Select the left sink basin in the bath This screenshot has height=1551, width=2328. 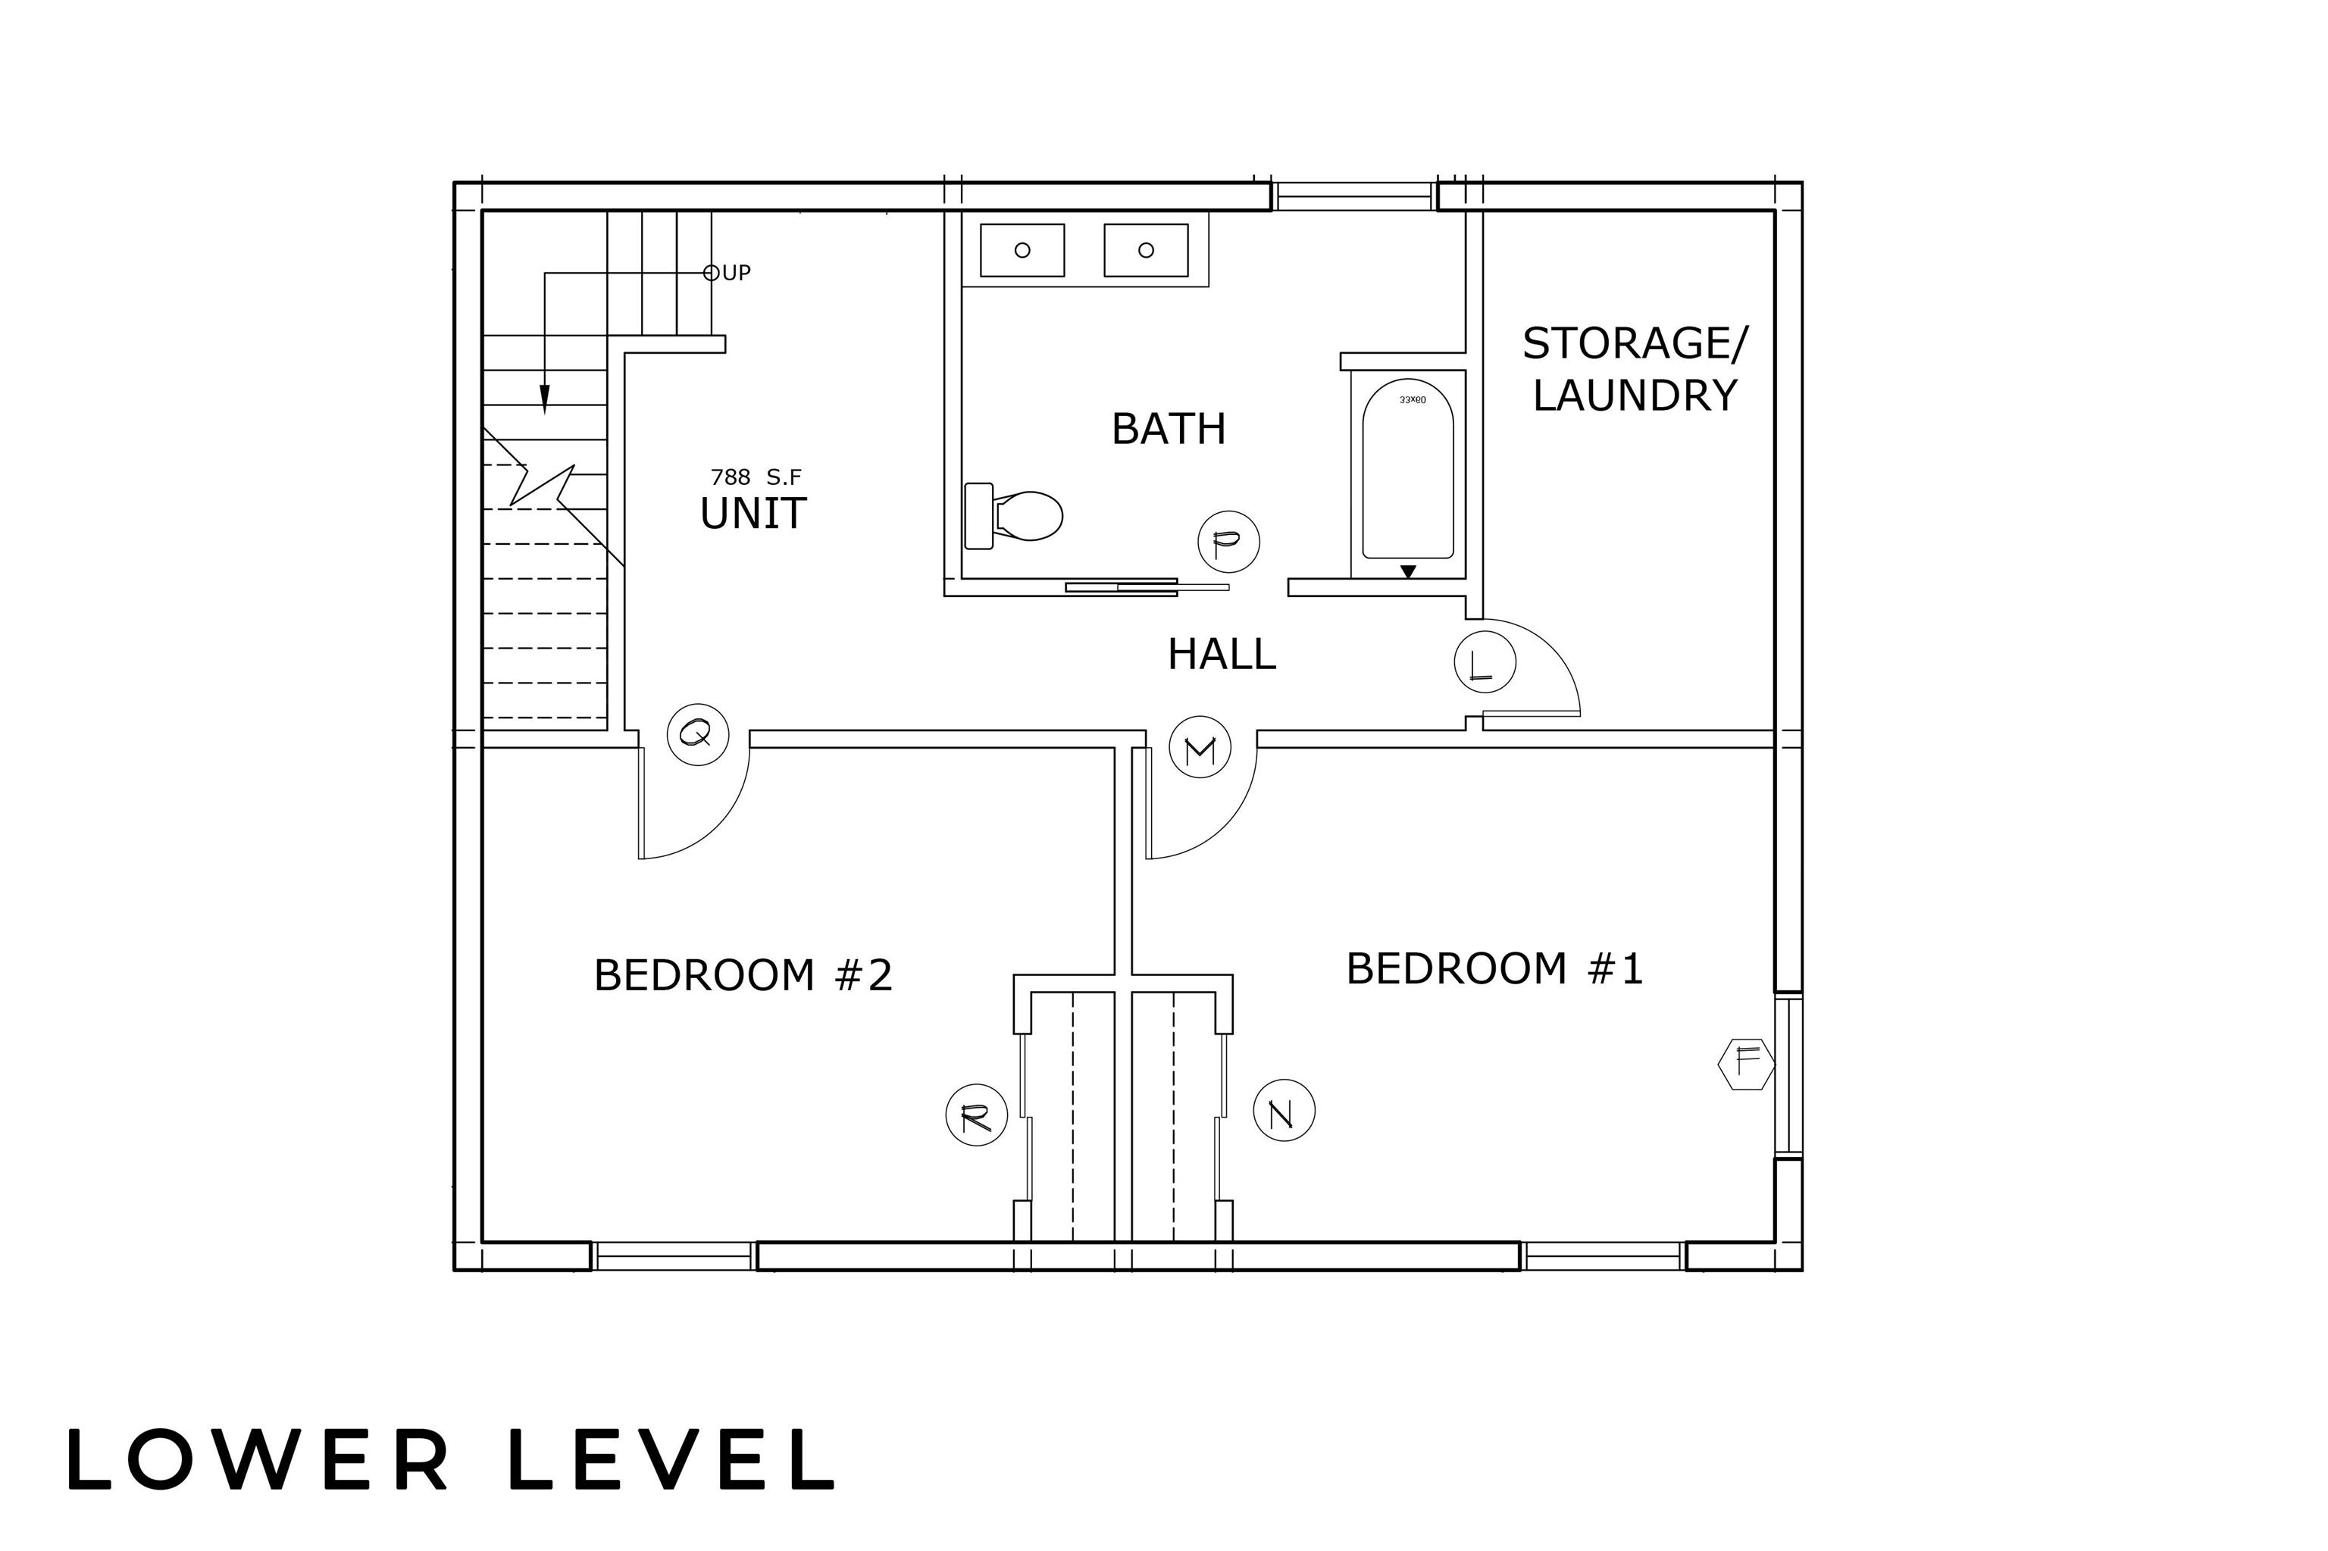1022,250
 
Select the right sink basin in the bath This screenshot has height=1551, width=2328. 1146,250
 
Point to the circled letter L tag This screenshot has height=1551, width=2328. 1484,661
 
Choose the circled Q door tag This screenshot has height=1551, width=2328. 697,735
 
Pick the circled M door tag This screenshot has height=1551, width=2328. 1199,749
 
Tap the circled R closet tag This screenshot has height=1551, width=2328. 977,1116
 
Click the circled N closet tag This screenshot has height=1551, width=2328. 1283,1112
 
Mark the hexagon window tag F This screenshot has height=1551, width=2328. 1746,1063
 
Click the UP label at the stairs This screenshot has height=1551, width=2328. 736,273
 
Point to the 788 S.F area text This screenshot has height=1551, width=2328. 756,478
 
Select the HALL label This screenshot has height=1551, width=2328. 1222,654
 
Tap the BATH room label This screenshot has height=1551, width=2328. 1169,428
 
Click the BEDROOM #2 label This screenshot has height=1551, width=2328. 743,975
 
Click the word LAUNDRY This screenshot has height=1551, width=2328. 1635,396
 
